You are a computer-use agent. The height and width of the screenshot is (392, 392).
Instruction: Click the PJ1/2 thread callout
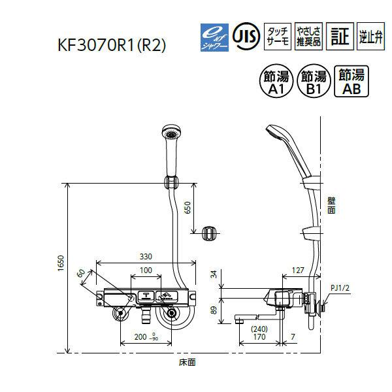(x=340, y=287)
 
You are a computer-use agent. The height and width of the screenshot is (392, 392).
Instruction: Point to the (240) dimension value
(x=259, y=329)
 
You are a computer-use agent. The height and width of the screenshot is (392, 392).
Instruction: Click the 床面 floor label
(x=188, y=361)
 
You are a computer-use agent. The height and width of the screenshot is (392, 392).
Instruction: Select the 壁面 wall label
(x=331, y=206)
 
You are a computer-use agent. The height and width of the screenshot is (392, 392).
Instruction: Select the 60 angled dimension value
(x=81, y=274)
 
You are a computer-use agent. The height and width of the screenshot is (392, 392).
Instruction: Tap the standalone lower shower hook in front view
(x=210, y=232)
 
